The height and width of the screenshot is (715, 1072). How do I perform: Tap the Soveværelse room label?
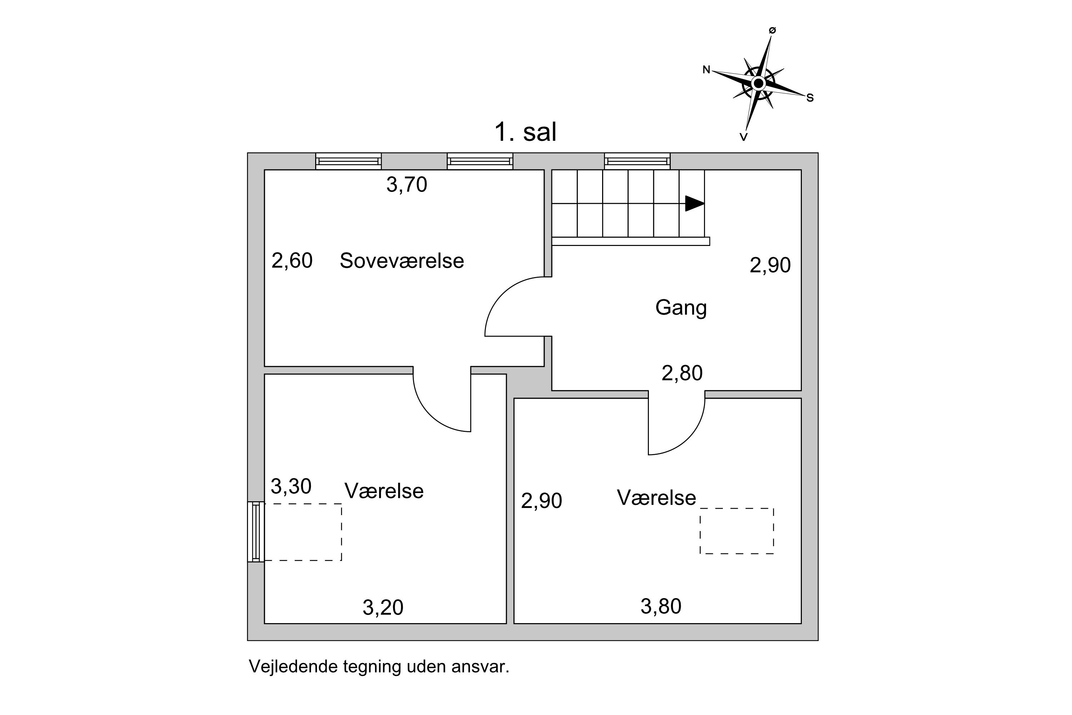pyautogui.click(x=402, y=261)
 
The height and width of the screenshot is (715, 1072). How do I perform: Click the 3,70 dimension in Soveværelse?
pyautogui.click(x=407, y=185)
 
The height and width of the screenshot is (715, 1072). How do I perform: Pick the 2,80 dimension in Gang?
pyautogui.click(x=682, y=373)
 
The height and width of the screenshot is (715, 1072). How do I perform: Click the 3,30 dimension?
pyautogui.click(x=291, y=487)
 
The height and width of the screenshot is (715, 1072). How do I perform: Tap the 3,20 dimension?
pyautogui.click(x=383, y=607)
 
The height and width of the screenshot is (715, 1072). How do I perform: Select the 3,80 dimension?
pyautogui.click(x=661, y=606)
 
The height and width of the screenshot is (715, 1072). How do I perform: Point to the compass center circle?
pyautogui.click(x=758, y=83)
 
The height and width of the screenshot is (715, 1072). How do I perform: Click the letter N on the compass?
pyautogui.click(x=706, y=70)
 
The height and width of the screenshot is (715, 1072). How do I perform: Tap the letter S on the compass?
pyautogui.click(x=810, y=98)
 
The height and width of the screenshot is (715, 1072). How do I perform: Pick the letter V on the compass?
pyautogui.click(x=743, y=137)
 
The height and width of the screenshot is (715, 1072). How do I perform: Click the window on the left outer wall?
pyautogui.click(x=256, y=532)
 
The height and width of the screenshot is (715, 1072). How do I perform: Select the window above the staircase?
pyautogui.click(x=637, y=161)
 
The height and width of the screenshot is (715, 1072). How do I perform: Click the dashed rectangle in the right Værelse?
pyautogui.click(x=736, y=531)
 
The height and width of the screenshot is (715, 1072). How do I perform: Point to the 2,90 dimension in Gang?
pyautogui.click(x=770, y=265)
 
